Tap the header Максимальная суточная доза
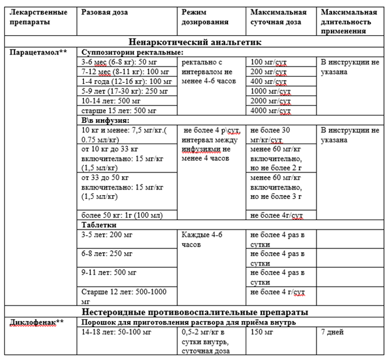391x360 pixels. [x=278, y=17]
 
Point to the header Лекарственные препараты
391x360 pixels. [x=37, y=17]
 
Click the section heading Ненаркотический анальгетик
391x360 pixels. [x=195, y=41]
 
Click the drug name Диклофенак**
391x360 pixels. [x=37, y=322]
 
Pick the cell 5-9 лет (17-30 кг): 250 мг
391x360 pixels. [x=120, y=90]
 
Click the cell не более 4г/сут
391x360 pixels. [x=278, y=215]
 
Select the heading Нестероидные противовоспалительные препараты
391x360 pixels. [x=195, y=312]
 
